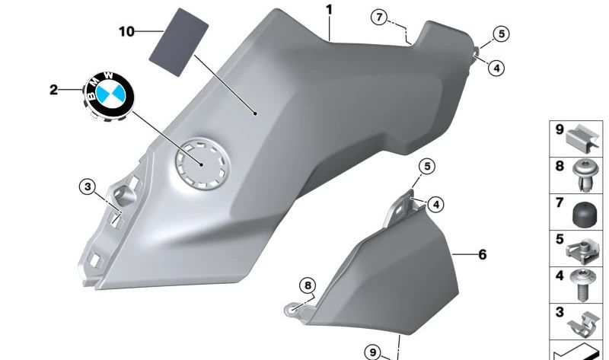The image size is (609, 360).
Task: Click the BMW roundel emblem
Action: (x=107, y=94)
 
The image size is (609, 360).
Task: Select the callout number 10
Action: (x=126, y=31)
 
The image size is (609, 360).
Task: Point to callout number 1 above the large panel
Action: (x=329, y=10)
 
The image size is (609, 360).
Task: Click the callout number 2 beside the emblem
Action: (x=53, y=91)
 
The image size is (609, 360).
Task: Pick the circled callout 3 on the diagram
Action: (x=88, y=186)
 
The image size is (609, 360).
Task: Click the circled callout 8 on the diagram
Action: (x=307, y=285)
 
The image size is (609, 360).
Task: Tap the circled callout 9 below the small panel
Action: (x=372, y=352)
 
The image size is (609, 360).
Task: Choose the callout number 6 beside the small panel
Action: (x=482, y=255)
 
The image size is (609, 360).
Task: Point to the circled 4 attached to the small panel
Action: (x=435, y=203)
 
